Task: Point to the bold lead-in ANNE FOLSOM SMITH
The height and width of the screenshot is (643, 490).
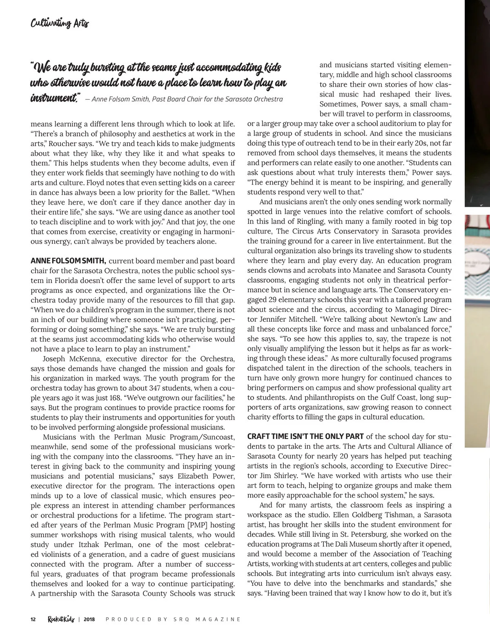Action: pos(68,261)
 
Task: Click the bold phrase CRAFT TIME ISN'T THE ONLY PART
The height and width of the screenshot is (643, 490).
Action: pos(306,436)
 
